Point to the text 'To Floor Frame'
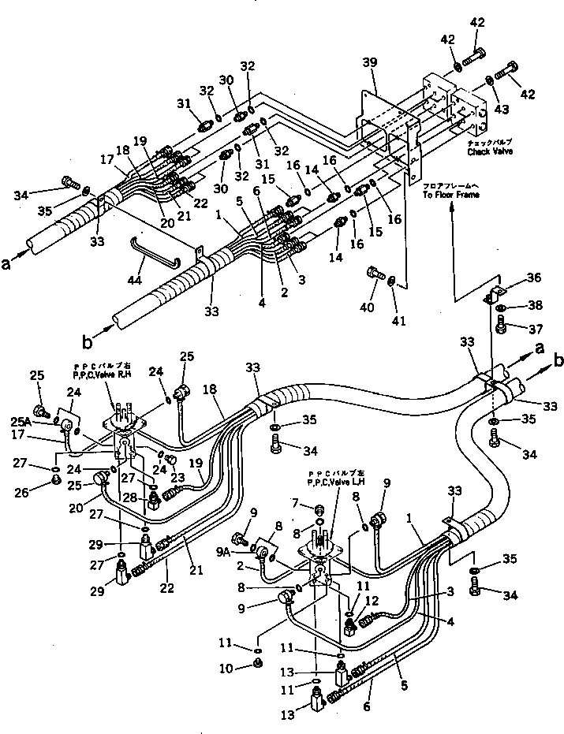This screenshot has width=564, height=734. [450, 194]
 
